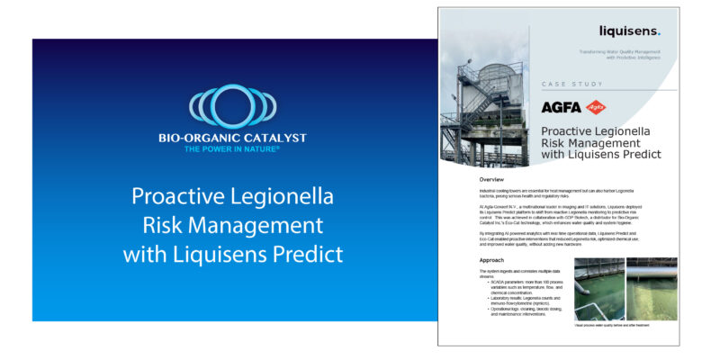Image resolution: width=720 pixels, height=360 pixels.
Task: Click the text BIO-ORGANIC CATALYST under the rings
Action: point(231,138)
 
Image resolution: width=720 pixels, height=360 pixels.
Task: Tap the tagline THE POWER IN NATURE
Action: point(231,148)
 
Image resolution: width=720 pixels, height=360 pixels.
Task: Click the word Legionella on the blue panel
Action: point(269,196)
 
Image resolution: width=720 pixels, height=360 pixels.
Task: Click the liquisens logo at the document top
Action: point(629,32)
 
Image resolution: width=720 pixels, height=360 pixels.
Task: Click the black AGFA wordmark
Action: point(561,107)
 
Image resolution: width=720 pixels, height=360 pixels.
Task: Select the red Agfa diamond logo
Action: point(596,107)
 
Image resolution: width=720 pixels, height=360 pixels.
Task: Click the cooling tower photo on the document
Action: point(486,108)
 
